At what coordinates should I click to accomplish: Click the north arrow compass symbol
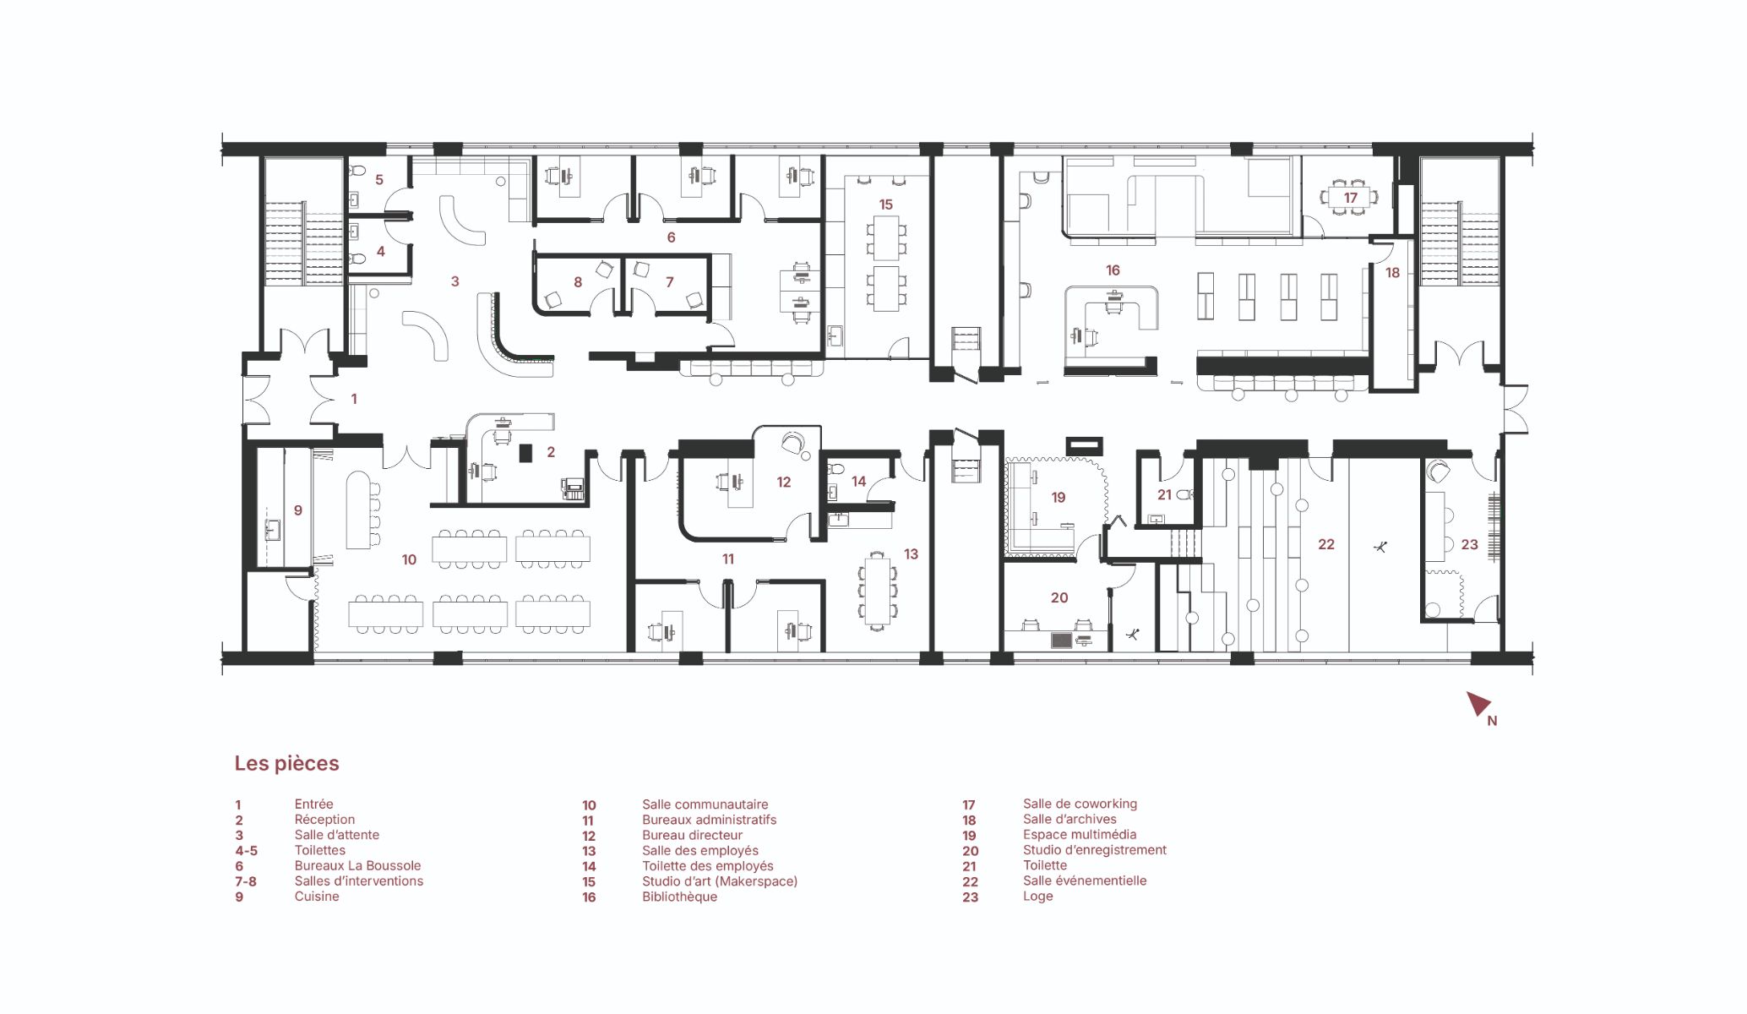click(1478, 703)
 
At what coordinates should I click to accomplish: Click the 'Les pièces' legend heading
click(286, 763)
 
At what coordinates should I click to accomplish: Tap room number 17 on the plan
click(1350, 198)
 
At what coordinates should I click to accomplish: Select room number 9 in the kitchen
click(297, 510)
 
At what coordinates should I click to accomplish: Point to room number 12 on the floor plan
click(783, 482)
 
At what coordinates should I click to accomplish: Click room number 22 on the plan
click(1326, 544)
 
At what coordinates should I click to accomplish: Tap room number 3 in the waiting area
click(454, 281)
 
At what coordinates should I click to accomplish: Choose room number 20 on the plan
click(1059, 597)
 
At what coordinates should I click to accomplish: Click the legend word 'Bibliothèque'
click(679, 897)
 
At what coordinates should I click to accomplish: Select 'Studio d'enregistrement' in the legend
click(1094, 850)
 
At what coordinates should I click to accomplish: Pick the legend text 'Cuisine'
click(317, 897)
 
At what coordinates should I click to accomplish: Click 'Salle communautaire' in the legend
click(705, 804)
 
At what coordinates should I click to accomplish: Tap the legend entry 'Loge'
click(1037, 897)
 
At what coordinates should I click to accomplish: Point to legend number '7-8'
click(246, 881)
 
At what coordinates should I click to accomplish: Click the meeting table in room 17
click(1350, 199)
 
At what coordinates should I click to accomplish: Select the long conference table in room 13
click(878, 591)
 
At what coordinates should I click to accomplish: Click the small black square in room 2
click(525, 453)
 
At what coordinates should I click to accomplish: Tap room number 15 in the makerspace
click(885, 204)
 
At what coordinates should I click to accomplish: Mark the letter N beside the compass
click(1492, 721)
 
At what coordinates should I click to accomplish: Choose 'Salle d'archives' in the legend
click(1069, 820)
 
